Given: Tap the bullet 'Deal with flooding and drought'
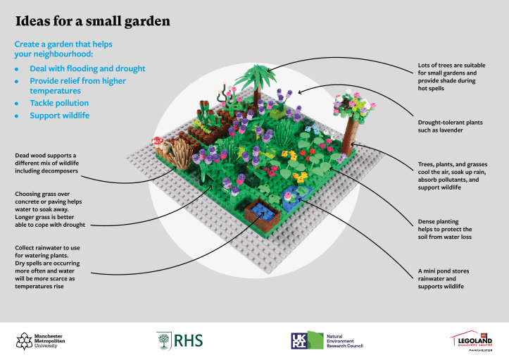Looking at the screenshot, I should coord(87,69).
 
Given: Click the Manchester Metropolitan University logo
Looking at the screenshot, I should coord(41,341).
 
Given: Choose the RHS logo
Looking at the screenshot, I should coord(180,341).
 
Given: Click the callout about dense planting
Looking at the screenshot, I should coord(444,230).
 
